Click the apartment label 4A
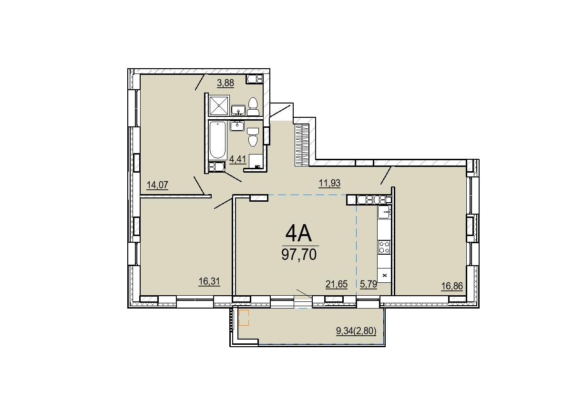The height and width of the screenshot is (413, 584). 299,234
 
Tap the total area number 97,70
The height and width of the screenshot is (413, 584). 299,255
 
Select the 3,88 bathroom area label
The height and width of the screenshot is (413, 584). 225,83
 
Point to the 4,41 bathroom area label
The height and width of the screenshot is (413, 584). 237,159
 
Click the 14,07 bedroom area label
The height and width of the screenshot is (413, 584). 157,185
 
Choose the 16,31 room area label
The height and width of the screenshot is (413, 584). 209,281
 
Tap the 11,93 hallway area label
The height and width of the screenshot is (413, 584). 329,183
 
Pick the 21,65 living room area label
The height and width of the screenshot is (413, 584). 337,284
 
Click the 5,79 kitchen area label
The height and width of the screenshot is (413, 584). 369,284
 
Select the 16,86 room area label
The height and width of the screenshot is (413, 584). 452,286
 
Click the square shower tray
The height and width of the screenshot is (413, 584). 219,105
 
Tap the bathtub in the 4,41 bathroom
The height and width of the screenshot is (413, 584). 217,140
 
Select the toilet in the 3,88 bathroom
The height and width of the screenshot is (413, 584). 253,107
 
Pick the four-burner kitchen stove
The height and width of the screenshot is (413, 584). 384,247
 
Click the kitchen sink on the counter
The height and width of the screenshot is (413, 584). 384,212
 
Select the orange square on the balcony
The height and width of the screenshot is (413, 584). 244,318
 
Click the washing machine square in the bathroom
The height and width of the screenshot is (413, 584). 256,161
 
